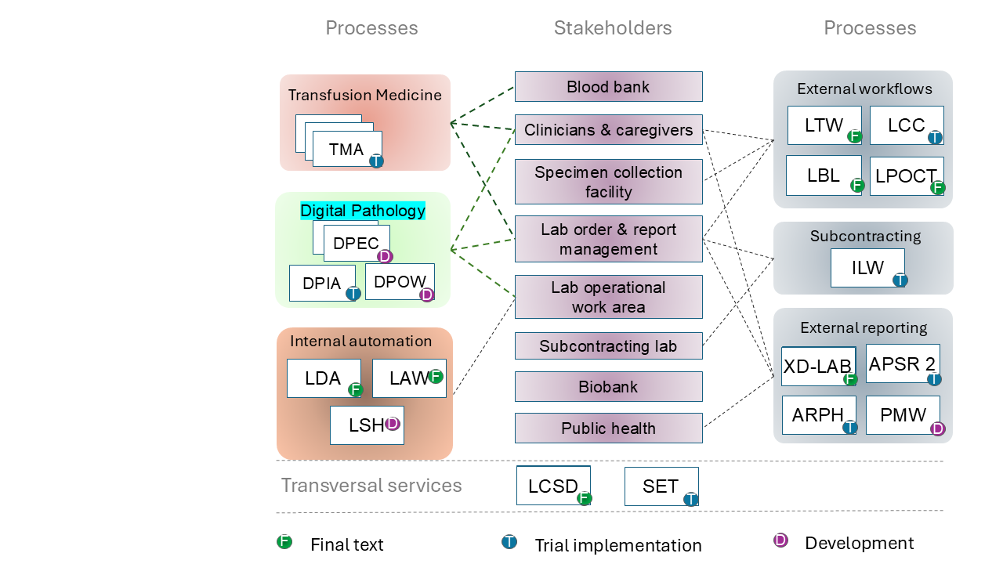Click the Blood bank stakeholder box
pyautogui.click(x=608, y=86)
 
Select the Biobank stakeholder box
pyautogui.click(x=608, y=387)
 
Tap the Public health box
pyautogui.click(x=608, y=428)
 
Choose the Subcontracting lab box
pyautogui.click(x=608, y=346)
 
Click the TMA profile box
pyautogui.click(x=346, y=149)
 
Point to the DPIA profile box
pyautogui.click(x=322, y=284)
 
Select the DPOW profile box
pyautogui.click(x=400, y=282)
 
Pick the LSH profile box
pyautogui.click(x=367, y=425)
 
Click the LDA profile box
pyautogui.click(x=324, y=378)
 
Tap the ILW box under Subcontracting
pyautogui.click(x=867, y=268)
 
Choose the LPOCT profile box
pyautogui.click(x=906, y=176)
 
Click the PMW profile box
pyautogui.click(x=903, y=415)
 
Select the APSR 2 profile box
pyautogui.click(x=903, y=363)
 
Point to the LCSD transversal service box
pyautogui.click(x=553, y=486)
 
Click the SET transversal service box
pyautogui.click(x=661, y=486)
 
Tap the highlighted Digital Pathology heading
pyautogui.click(x=363, y=211)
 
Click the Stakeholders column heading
pyautogui.click(x=613, y=28)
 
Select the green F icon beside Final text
pyautogui.click(x=284, y=541)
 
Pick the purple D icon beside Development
pyautogui.click(x=780, y=540)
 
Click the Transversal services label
pyautogui.click(x=371, y=486)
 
